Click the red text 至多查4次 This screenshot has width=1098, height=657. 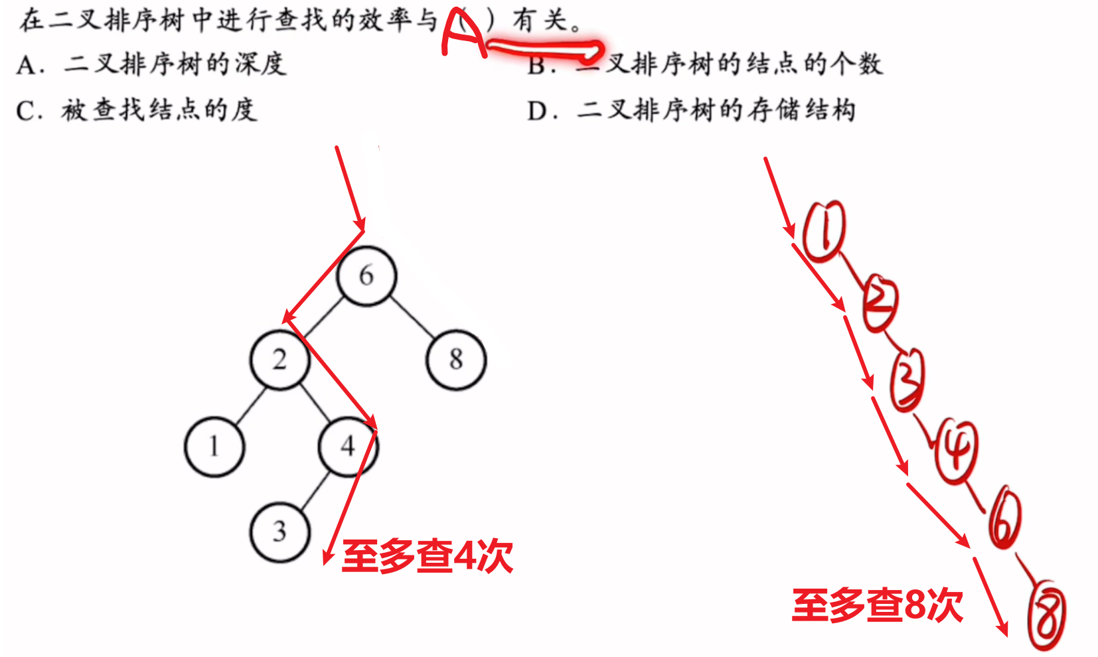coord(427,556)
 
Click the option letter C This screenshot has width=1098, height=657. coord(26,111)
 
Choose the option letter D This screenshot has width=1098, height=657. coord(537,111)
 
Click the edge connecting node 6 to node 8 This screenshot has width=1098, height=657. coord(412,317)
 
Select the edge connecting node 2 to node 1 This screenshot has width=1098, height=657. coord(251,406)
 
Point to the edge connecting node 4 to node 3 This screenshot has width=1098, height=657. coord(315,491)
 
